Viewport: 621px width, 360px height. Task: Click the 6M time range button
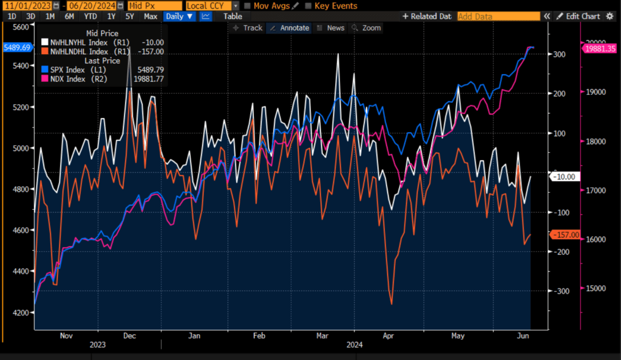click(x=69, y=16)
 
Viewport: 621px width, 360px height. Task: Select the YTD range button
click(x=90, y=16)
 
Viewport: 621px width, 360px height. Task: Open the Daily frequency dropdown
click(x=178, y=16)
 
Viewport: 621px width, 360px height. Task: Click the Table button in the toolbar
click(x=233, y=16)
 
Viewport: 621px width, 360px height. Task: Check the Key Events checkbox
click(x=308, y=6)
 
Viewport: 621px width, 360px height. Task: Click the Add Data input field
click(x=497, y=16)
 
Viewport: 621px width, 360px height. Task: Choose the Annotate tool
click(x=289, y=28)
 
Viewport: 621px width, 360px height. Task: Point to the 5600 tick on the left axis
click(x=20, y=27)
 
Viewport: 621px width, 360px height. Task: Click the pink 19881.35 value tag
click(x=600, y=49)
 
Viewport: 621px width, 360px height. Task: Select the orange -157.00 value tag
click(x=564, y=235)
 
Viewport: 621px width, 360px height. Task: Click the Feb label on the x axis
click(x=259, y=336)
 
